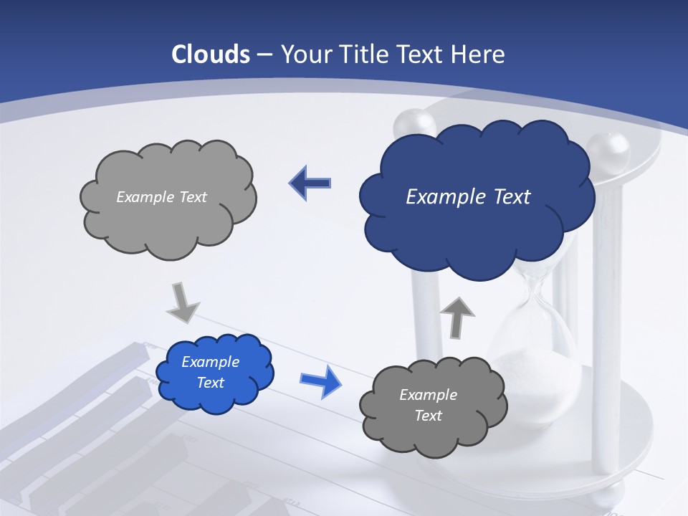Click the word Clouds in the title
211,54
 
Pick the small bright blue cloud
215,398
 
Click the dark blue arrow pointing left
310,183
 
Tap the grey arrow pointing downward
183,302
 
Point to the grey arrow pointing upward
457,316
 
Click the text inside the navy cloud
468,197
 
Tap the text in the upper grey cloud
161,197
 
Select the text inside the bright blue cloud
210,373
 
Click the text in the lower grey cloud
428,405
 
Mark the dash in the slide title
264,55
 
